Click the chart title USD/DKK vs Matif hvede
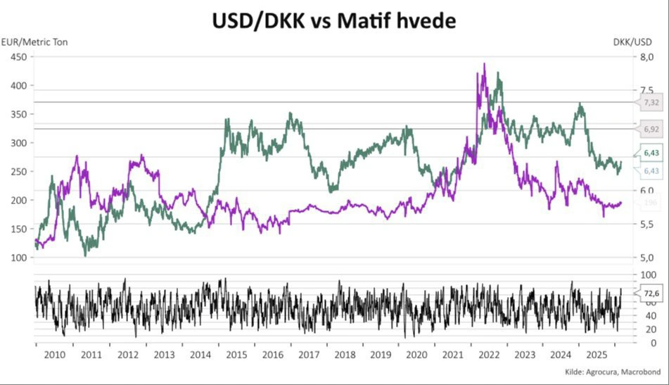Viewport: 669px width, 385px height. point(334,21)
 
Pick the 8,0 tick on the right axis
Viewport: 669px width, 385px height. point(647,57)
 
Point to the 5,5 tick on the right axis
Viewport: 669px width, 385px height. point(647,224)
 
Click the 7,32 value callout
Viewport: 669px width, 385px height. point(651,103)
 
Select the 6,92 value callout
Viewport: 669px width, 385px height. point(651,130)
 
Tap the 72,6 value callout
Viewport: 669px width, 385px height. point(651,293)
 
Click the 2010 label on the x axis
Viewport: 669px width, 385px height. point(54,355)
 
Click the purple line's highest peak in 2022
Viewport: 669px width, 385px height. point(484,64)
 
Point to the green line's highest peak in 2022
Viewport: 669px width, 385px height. point(498,72)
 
